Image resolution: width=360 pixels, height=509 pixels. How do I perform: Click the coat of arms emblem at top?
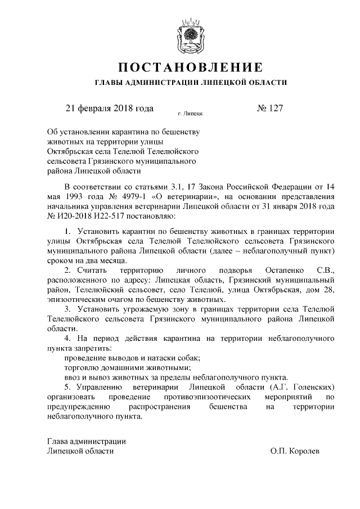(x=191, y=35)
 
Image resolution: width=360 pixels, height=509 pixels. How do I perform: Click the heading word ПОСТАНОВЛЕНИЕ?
(x=191, y=68)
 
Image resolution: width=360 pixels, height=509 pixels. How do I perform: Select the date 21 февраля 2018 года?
(x=110, y=109)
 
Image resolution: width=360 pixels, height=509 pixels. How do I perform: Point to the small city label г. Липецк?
(x=190, y=114)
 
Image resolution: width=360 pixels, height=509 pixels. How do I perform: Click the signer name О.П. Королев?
(x=294, y=451)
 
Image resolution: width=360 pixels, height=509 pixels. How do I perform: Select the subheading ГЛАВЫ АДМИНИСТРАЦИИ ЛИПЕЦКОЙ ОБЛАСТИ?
(x=191, y=83)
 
